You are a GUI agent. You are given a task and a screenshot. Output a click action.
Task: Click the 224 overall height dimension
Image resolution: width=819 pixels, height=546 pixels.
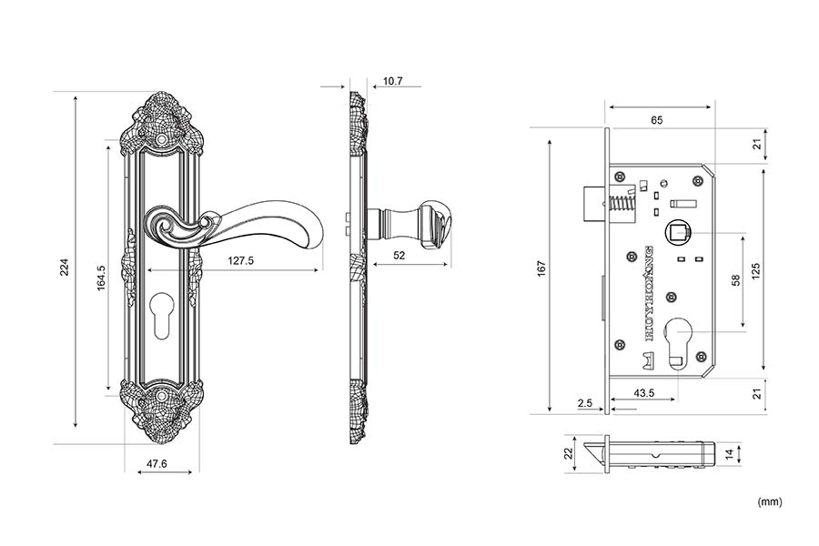tap(65, 267)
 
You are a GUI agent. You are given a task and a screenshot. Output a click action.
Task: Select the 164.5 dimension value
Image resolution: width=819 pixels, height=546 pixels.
tap(102, 278)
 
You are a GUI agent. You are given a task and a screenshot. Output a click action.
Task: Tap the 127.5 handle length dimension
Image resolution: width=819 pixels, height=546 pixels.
tap(240, 261)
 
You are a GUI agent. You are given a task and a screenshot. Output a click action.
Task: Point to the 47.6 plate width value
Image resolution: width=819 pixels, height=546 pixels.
tap(157, 464)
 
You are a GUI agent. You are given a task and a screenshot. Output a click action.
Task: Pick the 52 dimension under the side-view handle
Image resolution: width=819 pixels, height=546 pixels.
tap(399, 256)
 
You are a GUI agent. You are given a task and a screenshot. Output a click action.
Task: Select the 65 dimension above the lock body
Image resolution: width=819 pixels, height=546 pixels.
tap(657, 119)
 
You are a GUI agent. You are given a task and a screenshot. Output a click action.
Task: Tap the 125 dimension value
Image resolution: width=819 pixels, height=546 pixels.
tap(756, 270)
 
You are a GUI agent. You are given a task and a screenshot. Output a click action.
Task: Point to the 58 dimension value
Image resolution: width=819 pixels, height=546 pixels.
tap(735, 282)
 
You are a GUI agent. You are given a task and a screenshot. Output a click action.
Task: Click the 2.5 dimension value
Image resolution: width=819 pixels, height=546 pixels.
tap(585, 401)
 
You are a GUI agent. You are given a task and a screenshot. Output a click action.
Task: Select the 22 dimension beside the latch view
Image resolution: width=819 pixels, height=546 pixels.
tap(568, 453)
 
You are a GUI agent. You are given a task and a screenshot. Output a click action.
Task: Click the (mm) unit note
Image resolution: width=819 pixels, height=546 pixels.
tap(769, 501)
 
